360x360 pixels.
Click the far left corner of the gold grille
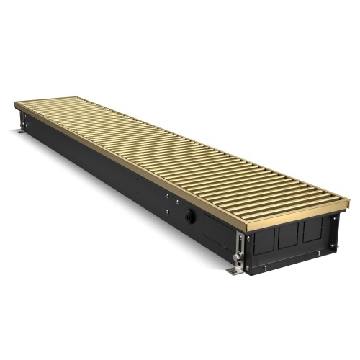(15, 103)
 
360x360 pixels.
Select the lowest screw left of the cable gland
(168, 210)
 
